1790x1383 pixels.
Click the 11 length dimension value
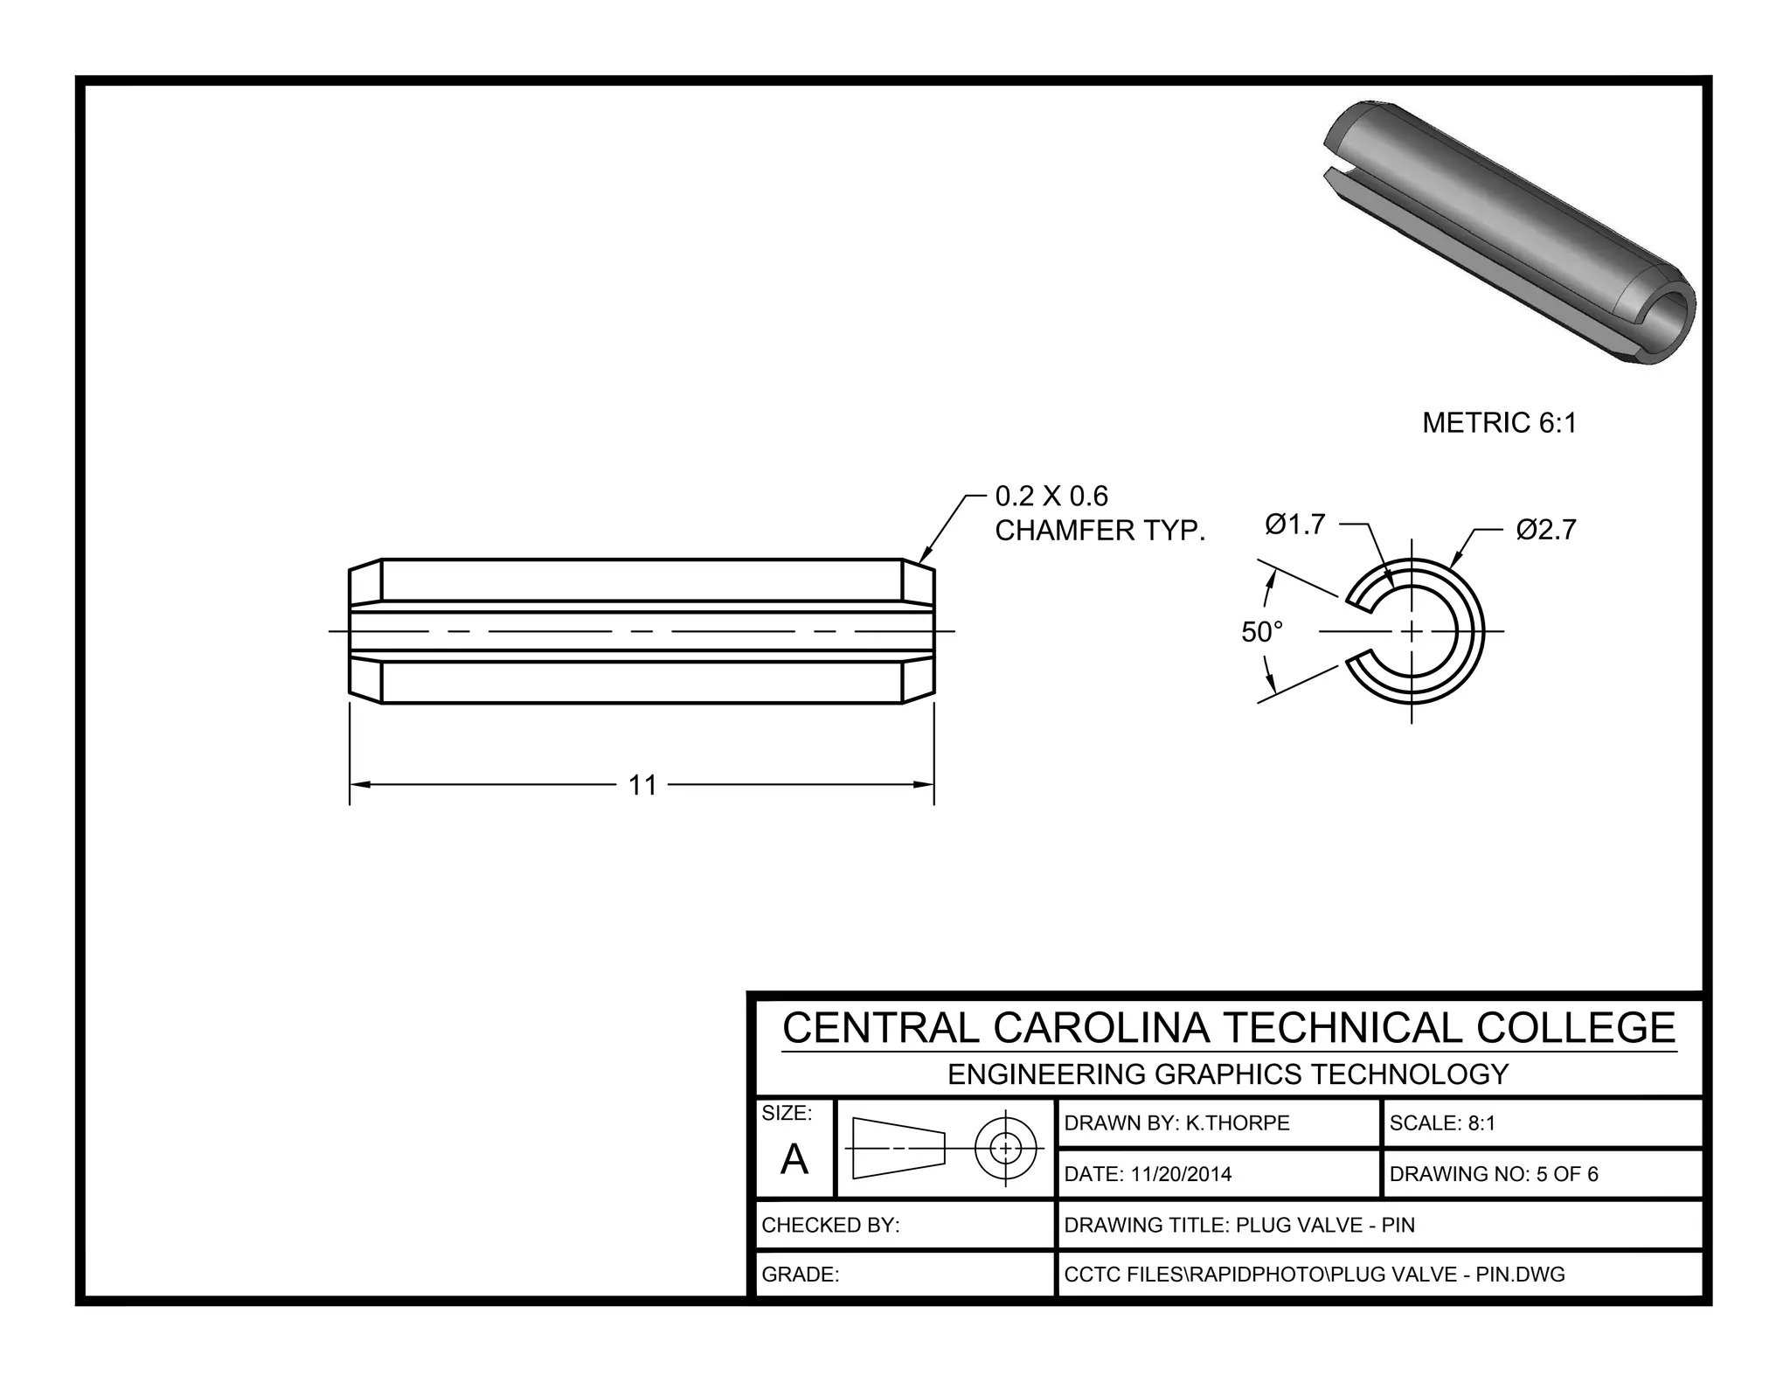point(642,785)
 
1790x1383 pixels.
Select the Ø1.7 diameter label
point(1294,525)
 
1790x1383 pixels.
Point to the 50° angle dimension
point(1261,631)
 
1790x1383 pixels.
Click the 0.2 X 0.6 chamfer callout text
point(1051,497)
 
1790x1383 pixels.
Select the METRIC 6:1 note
point(1499,423)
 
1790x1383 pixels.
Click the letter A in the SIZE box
point(794,1160)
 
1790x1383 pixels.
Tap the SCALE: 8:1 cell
point(1442,1123)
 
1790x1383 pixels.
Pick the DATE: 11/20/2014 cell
point(1148,1174)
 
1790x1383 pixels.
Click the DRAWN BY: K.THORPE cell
point(1176,1123)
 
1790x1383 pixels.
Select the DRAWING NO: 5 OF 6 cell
point(1493,1174)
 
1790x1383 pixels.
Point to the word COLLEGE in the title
point(1576,1028)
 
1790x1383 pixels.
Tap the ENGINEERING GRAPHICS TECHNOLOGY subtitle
point(1228,1074)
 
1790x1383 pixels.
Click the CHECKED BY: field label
point(830,1225)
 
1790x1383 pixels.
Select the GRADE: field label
point(800,1275)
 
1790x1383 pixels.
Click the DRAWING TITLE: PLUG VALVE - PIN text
point(1238,1225)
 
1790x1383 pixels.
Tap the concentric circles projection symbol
point(1005,1147)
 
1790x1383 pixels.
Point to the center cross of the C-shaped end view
point(1412,631)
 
